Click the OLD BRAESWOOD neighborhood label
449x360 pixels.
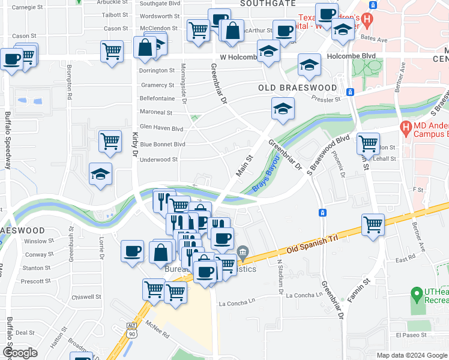(x=298, y=88)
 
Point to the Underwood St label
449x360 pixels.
(x=158, y=160)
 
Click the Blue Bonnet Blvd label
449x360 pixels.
(x=162, y=145)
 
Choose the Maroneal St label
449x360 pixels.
(x=155, y=112)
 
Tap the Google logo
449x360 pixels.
(x=20, y=353)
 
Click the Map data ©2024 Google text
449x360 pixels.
(x=411, y=355)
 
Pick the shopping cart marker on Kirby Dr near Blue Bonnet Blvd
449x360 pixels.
(x=110, y=142)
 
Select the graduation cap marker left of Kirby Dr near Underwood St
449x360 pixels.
(x=100, y=174)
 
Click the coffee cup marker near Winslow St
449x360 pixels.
(x=132, y=251)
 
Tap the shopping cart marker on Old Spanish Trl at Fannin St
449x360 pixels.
(x=373, y=225)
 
